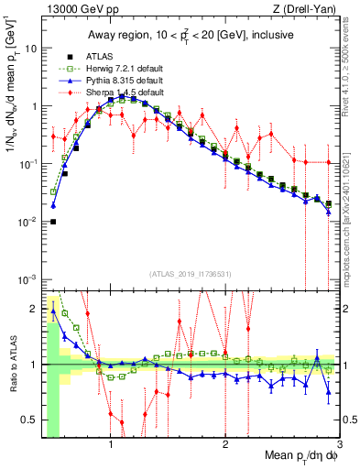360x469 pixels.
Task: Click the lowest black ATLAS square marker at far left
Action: coord(53,222)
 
